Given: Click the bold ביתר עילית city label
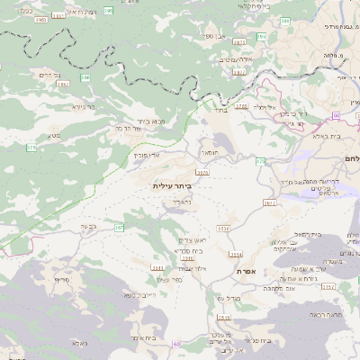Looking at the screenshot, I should click(x=173, y=185).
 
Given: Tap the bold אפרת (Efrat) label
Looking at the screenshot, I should click(x=247, y=271).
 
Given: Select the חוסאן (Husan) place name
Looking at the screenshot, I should click(x=209, y=140).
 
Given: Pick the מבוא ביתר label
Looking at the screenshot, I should click(x=151, y=121).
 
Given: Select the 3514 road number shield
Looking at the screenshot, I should click(x=236, y=255).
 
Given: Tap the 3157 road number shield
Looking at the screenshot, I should click(x=328, y=286).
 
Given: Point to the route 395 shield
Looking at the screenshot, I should click(x=108, y=11).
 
